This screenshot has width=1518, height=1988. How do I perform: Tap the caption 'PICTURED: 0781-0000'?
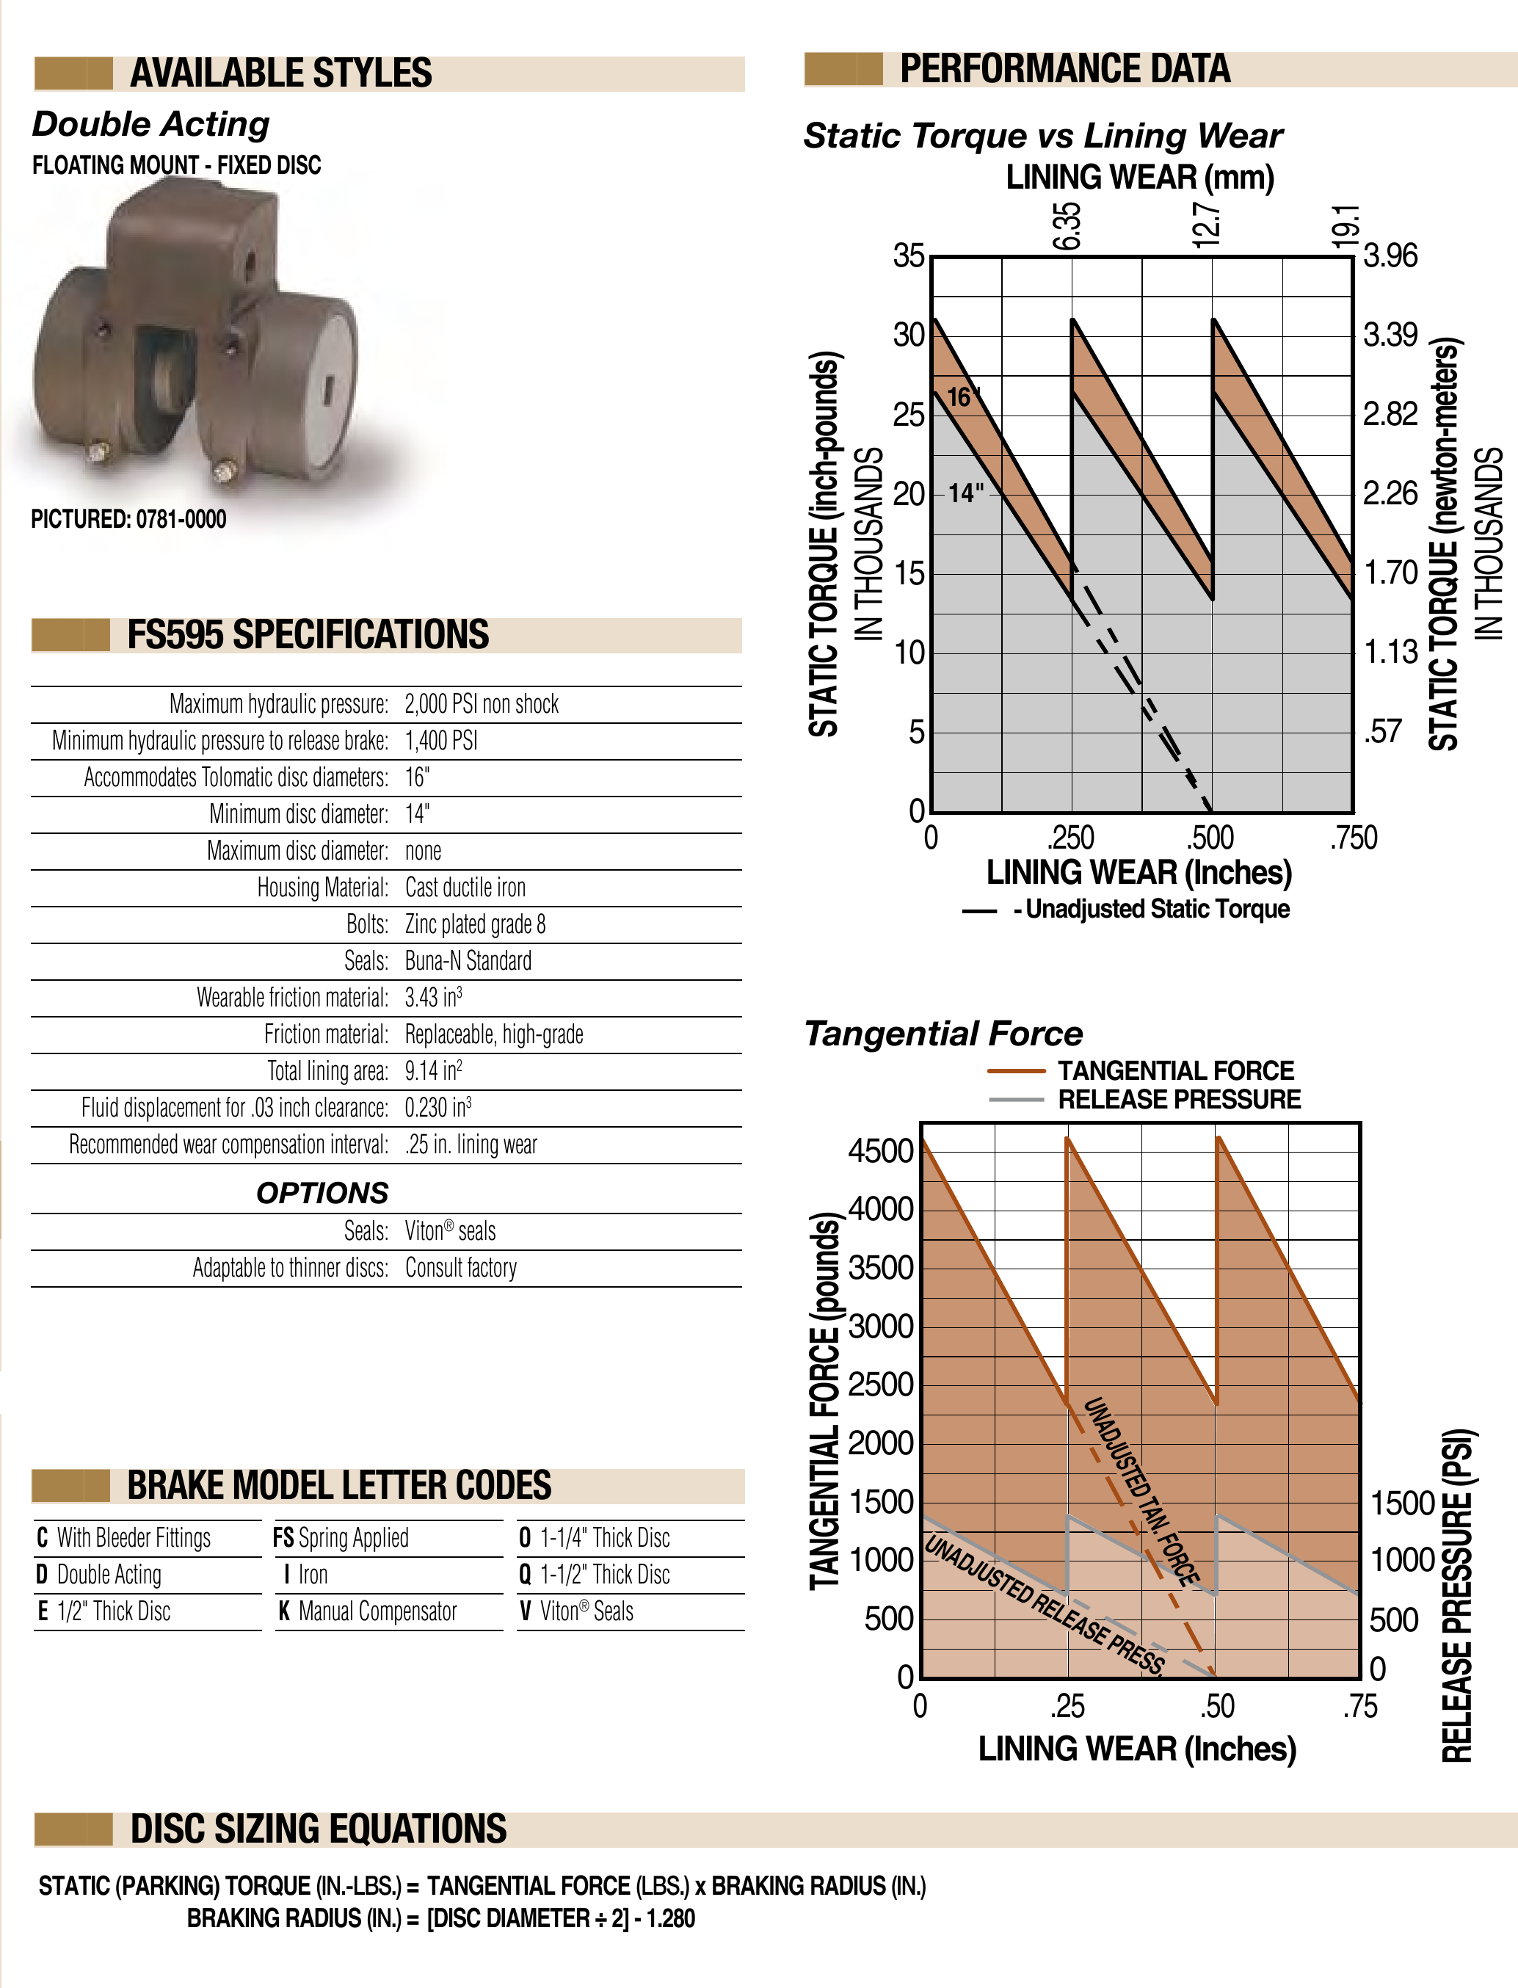coord(128,520)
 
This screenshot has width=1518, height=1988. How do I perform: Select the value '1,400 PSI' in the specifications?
coord(441,741)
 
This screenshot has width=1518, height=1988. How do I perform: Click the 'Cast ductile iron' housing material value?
coord(465,888)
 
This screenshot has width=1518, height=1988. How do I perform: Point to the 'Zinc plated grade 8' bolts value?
coord(474,924)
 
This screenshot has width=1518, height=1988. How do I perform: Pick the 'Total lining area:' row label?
coord(327,1072)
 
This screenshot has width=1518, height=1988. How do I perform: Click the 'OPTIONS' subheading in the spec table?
coord(322,1193)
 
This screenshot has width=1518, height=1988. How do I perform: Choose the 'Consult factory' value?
coord(461,1268)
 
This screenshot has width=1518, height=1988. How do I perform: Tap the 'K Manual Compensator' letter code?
coord(368,1611)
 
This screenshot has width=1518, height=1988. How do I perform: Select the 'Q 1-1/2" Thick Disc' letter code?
coord(595,1575)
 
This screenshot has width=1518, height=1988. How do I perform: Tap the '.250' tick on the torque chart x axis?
coord(1071,838)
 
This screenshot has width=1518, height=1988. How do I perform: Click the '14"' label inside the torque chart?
coord(965,493)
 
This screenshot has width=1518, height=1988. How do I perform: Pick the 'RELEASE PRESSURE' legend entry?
coord(1179,1100)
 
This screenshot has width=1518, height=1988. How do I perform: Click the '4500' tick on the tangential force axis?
coord(881,1152)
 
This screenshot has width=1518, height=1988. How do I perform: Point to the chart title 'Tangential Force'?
coord(943,1034)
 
